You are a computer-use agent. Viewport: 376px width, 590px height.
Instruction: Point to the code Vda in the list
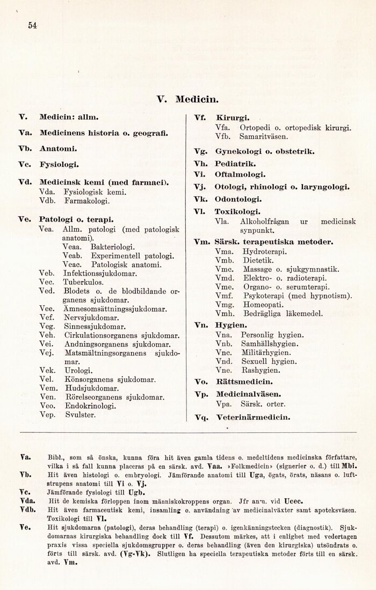point(49,191)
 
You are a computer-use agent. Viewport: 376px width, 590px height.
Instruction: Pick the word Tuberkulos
point(84,282)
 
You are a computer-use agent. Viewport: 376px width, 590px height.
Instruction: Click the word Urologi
point(78,370)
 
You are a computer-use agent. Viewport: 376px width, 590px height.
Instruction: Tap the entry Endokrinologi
point(90,406)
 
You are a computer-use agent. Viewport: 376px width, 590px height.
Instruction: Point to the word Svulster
point(79,415)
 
